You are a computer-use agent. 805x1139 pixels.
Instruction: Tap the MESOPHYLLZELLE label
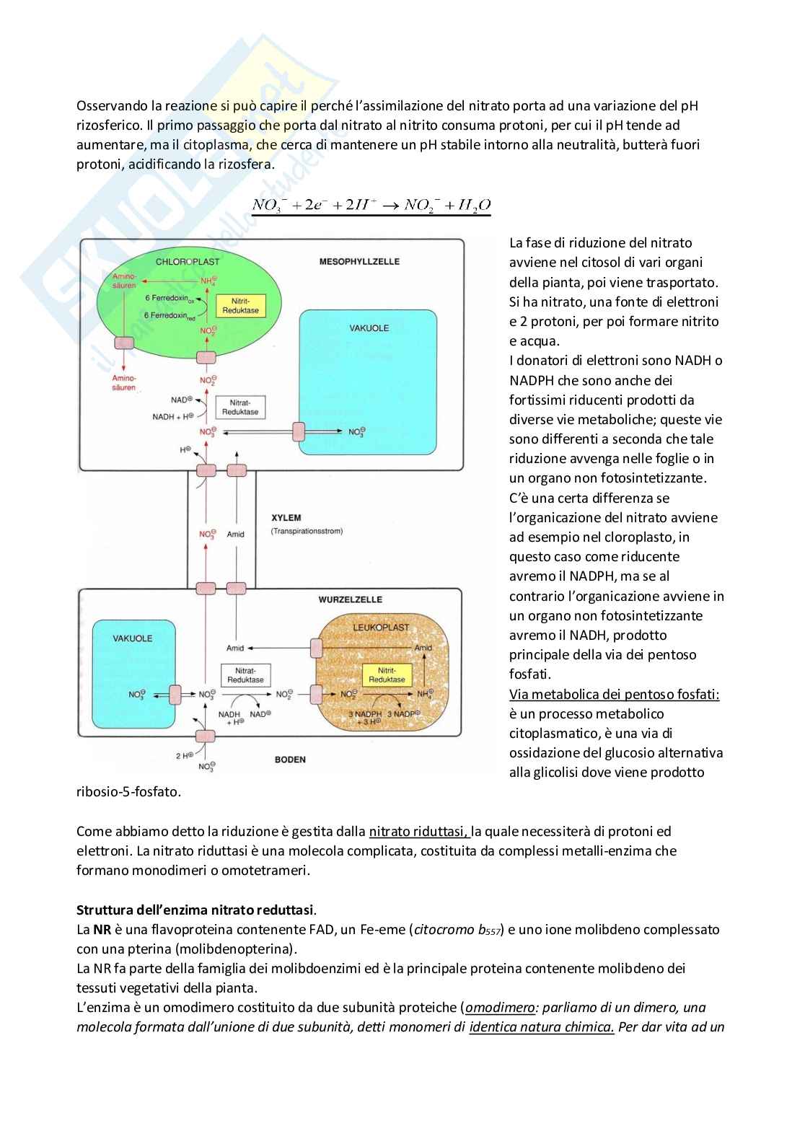point(359,261)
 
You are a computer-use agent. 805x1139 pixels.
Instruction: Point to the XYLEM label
point(286,518)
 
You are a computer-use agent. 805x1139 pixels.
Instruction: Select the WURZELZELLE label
point(351,599)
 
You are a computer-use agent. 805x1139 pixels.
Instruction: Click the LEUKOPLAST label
point(382,627)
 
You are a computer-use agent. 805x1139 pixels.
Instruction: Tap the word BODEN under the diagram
point(290,760)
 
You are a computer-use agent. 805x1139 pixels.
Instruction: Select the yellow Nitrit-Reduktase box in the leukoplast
point(387,675)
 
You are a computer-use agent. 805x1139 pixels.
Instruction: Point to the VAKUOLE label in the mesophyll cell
point(369,328)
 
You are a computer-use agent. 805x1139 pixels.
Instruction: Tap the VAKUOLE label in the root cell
point(133,638)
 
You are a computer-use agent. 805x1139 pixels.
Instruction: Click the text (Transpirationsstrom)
point(307,532)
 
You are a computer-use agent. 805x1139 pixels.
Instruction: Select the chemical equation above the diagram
point(371,205)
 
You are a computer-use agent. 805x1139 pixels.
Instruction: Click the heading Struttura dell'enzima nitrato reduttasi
point(195,910)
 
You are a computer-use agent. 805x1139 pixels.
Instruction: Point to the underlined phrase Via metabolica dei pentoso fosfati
point(614,694)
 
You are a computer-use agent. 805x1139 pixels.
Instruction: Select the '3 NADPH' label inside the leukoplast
point(365,714)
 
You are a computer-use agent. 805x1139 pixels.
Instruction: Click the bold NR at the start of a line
point(102,930)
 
